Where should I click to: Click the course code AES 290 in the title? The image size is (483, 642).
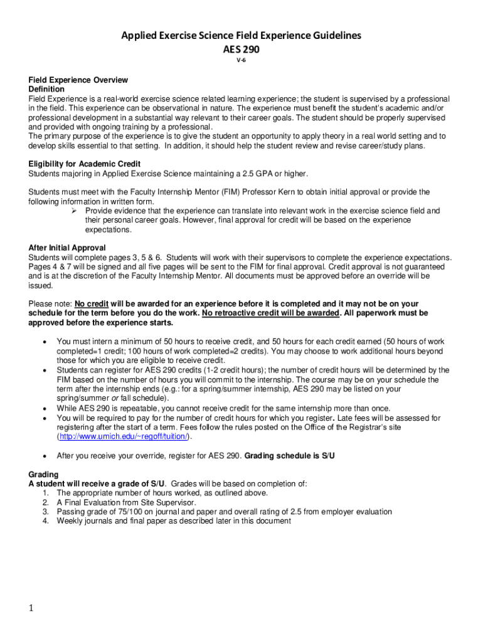coord(242,48)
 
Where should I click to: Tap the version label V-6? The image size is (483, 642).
coord(242,60)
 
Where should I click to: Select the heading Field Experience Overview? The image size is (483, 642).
coord(78,80)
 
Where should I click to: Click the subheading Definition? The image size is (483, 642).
coord(46,90)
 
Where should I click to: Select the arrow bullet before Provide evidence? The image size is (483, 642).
coord(72,211)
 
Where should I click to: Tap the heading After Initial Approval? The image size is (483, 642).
coord(67,248)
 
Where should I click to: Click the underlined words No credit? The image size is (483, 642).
coord(92,303)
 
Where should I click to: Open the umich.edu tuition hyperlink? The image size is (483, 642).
coord(125,436)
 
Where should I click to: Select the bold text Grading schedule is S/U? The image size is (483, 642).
coord(289,456)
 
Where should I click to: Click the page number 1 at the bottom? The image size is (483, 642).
coord(30,608)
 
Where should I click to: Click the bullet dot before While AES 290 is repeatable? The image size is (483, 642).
coord(43,408)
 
